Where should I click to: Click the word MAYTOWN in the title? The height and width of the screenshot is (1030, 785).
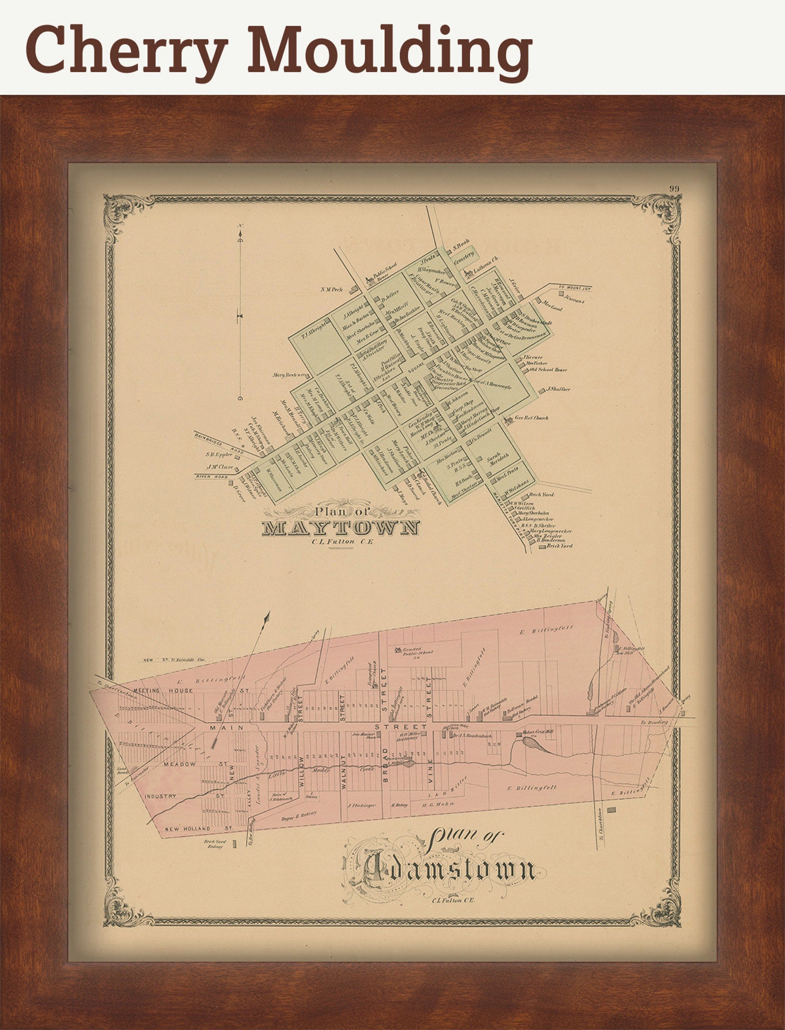click(341, 527)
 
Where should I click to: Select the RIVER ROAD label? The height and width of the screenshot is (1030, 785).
click(212, 476)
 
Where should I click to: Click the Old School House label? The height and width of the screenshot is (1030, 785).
click(548, 369)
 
